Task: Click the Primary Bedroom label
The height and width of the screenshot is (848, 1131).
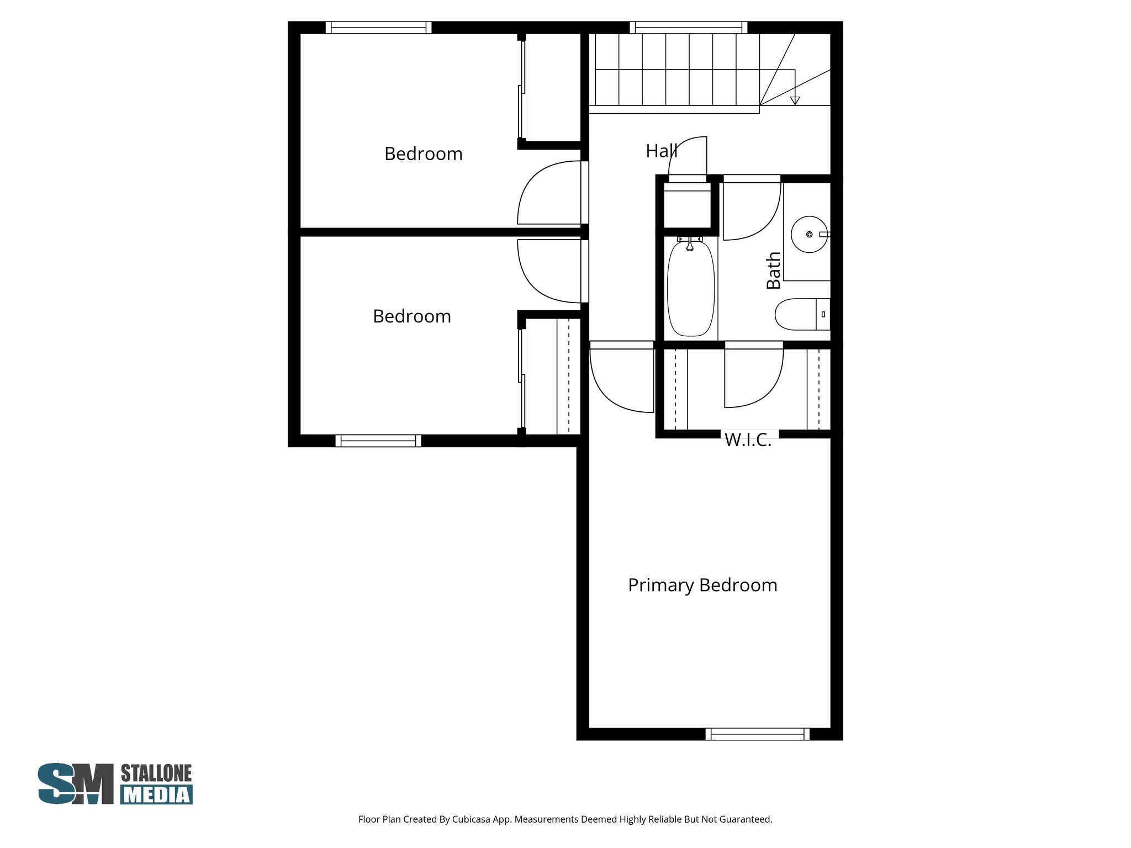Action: pyautogui.click(x=702, y=585)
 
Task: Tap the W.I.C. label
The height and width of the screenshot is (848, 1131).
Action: pyautogui.click(x=748, y=440)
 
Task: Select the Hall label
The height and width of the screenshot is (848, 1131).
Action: pyautogui.click(x=661, y=151)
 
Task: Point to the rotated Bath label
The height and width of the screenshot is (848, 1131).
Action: pyautogui.click(x=774, y=271)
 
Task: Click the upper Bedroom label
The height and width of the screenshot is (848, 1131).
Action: pyautogui.click(x=423, y=153)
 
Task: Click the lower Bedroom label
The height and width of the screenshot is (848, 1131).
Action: pyautogui.click(x=411, y=316)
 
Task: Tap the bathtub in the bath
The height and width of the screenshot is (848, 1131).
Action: pyautogui.click(x=690, y=290)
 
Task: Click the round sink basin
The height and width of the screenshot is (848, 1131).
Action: pyautogui.click(x=808, y=235)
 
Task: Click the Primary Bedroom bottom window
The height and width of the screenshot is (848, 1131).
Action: pyautogui.click(x=757, y=734)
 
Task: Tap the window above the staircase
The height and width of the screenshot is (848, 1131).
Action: pyautogui.click(x=688, y=28)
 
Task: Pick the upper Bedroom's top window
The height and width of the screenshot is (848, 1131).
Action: pyautogui.click(x=378, y=28)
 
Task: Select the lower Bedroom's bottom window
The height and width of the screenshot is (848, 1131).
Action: pyautogui.click(x=378, y=441)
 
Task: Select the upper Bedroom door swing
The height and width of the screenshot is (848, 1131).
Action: pyautogui.click(x=547, y=193)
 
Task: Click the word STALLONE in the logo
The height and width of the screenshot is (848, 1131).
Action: pyautogui.click(x=156, y=773)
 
